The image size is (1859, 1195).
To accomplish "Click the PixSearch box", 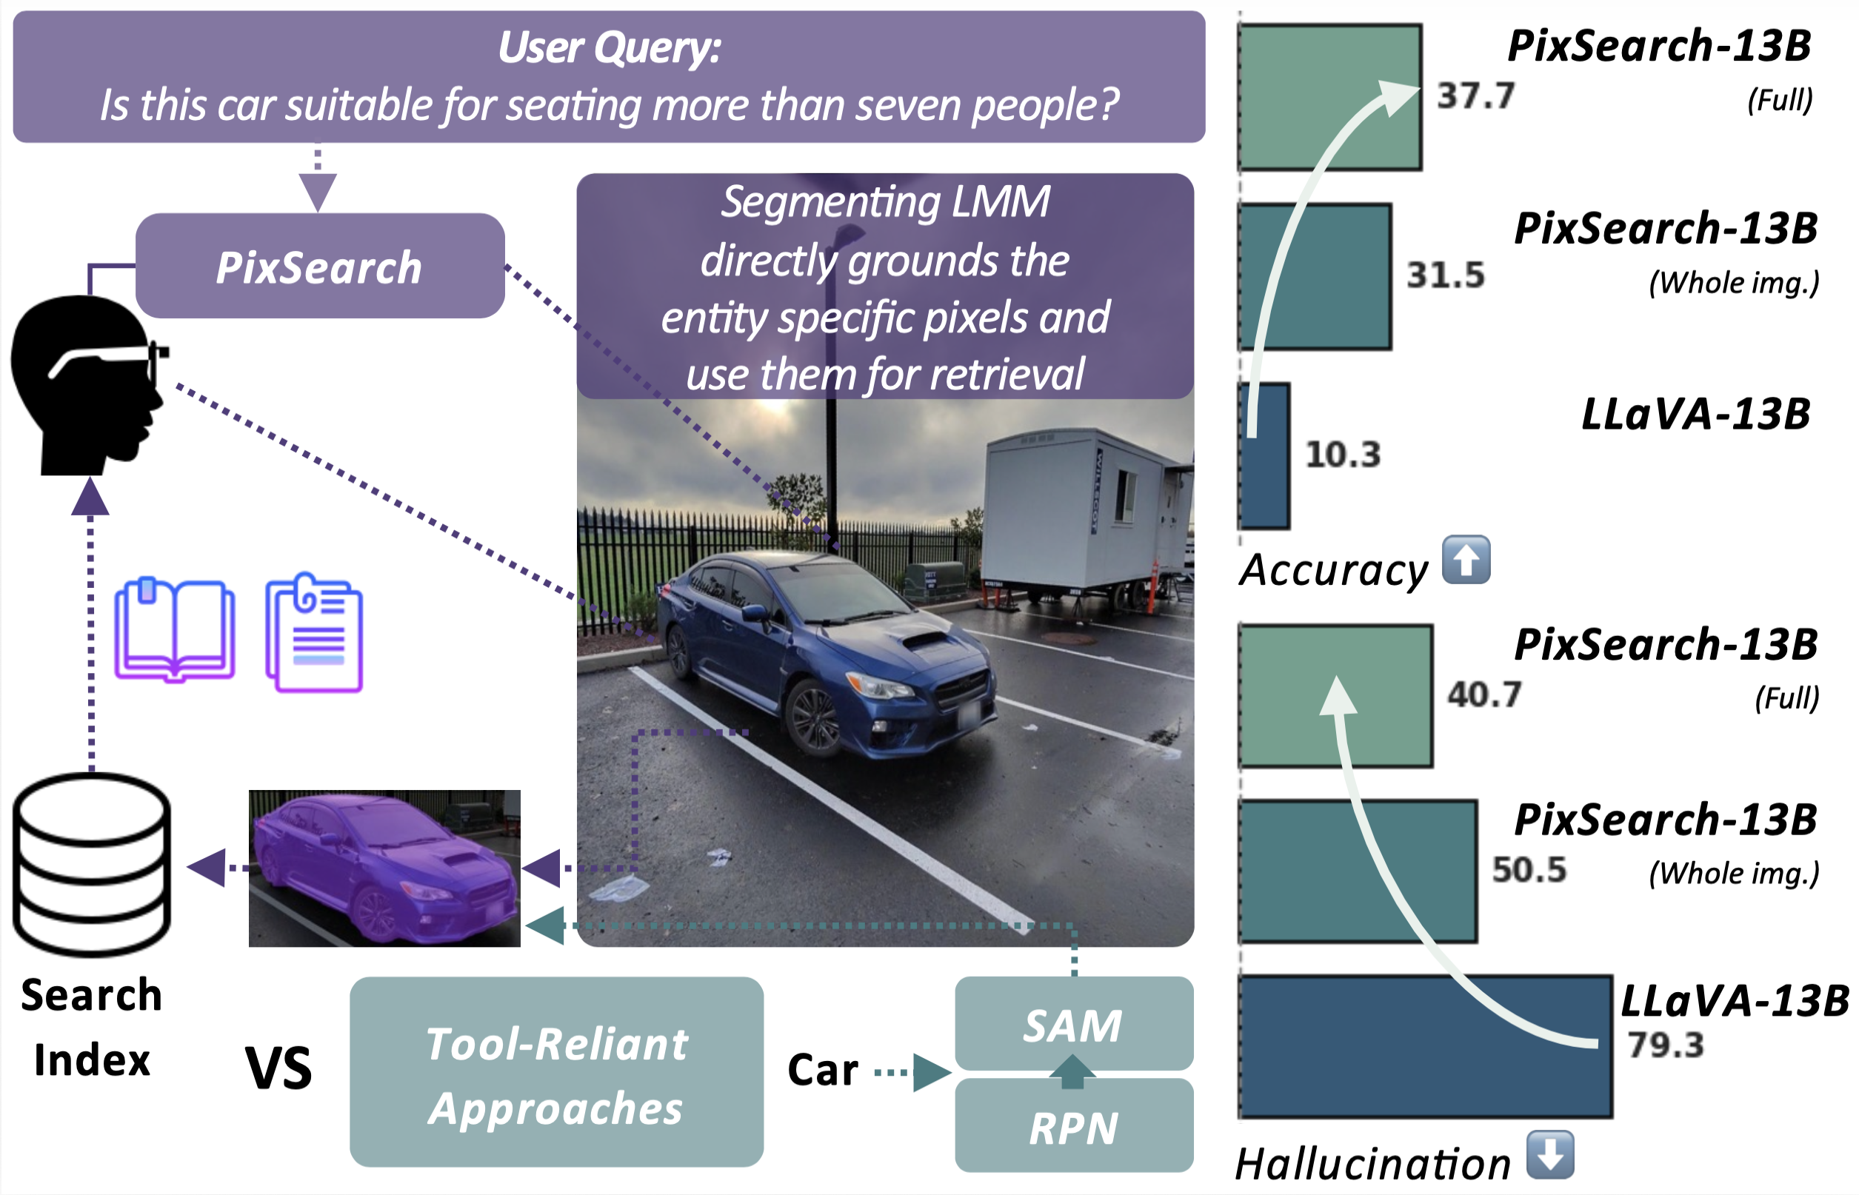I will point(319,266).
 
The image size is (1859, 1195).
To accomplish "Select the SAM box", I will point(1072,1023).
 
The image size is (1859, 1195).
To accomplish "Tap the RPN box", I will point(1072,1127).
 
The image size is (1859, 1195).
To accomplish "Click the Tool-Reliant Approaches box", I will point(555,1073).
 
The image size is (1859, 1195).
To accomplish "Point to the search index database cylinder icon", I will point(92,865).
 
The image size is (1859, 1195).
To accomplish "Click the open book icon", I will point(175,630).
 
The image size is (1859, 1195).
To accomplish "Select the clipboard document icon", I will point(314,633).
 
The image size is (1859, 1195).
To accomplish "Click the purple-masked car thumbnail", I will point(384,868).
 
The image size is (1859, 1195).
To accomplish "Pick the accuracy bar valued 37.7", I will point(1329,97).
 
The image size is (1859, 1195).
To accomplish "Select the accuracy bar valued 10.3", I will point(1264,455).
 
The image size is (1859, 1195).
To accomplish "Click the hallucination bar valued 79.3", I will point(1424,1046).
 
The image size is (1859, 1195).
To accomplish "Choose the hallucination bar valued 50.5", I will point(1357,871).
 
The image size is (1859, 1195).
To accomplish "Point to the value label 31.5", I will point(1445,275).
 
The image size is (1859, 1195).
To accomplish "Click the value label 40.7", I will point(1484,694).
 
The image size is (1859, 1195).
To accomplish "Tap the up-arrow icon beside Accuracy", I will point(1466,560).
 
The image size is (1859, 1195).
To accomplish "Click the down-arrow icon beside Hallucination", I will point(1549,1155).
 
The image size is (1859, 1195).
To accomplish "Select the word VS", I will point(278,1068).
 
